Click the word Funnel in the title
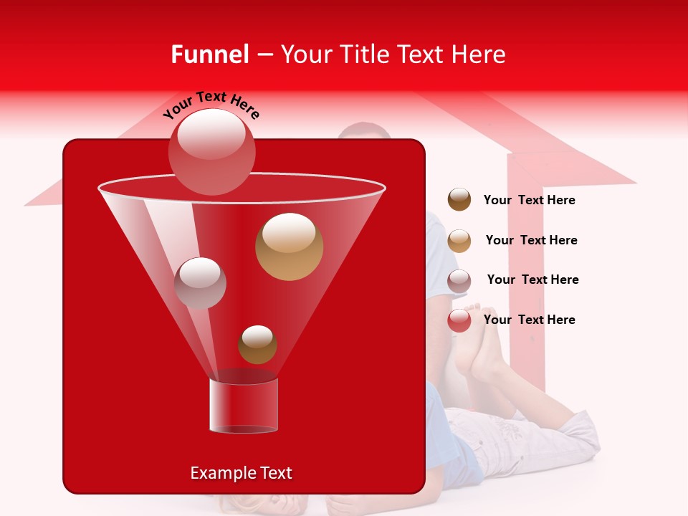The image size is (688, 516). point(210,54)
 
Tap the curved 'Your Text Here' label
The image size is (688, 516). point(211,105)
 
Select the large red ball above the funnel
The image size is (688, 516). point(212,150)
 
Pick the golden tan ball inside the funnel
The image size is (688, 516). point(289,247)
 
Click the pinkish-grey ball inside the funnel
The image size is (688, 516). point(200,283)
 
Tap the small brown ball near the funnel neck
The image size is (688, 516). point(257,345)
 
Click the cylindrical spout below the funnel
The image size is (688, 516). point(244,406)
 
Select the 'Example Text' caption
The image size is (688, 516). point(241,473)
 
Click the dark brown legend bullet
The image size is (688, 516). point(459,200)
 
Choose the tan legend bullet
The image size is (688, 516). point(459,241)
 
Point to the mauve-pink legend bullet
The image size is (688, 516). point(459,281)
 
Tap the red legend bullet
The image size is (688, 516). point(459,320)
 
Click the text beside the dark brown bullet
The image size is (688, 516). point(529,200)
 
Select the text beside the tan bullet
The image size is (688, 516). point(531,240)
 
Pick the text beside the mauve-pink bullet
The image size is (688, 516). point(532,279)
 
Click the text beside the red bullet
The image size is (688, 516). point(529,320)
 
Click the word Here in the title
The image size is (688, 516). point(479,54)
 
